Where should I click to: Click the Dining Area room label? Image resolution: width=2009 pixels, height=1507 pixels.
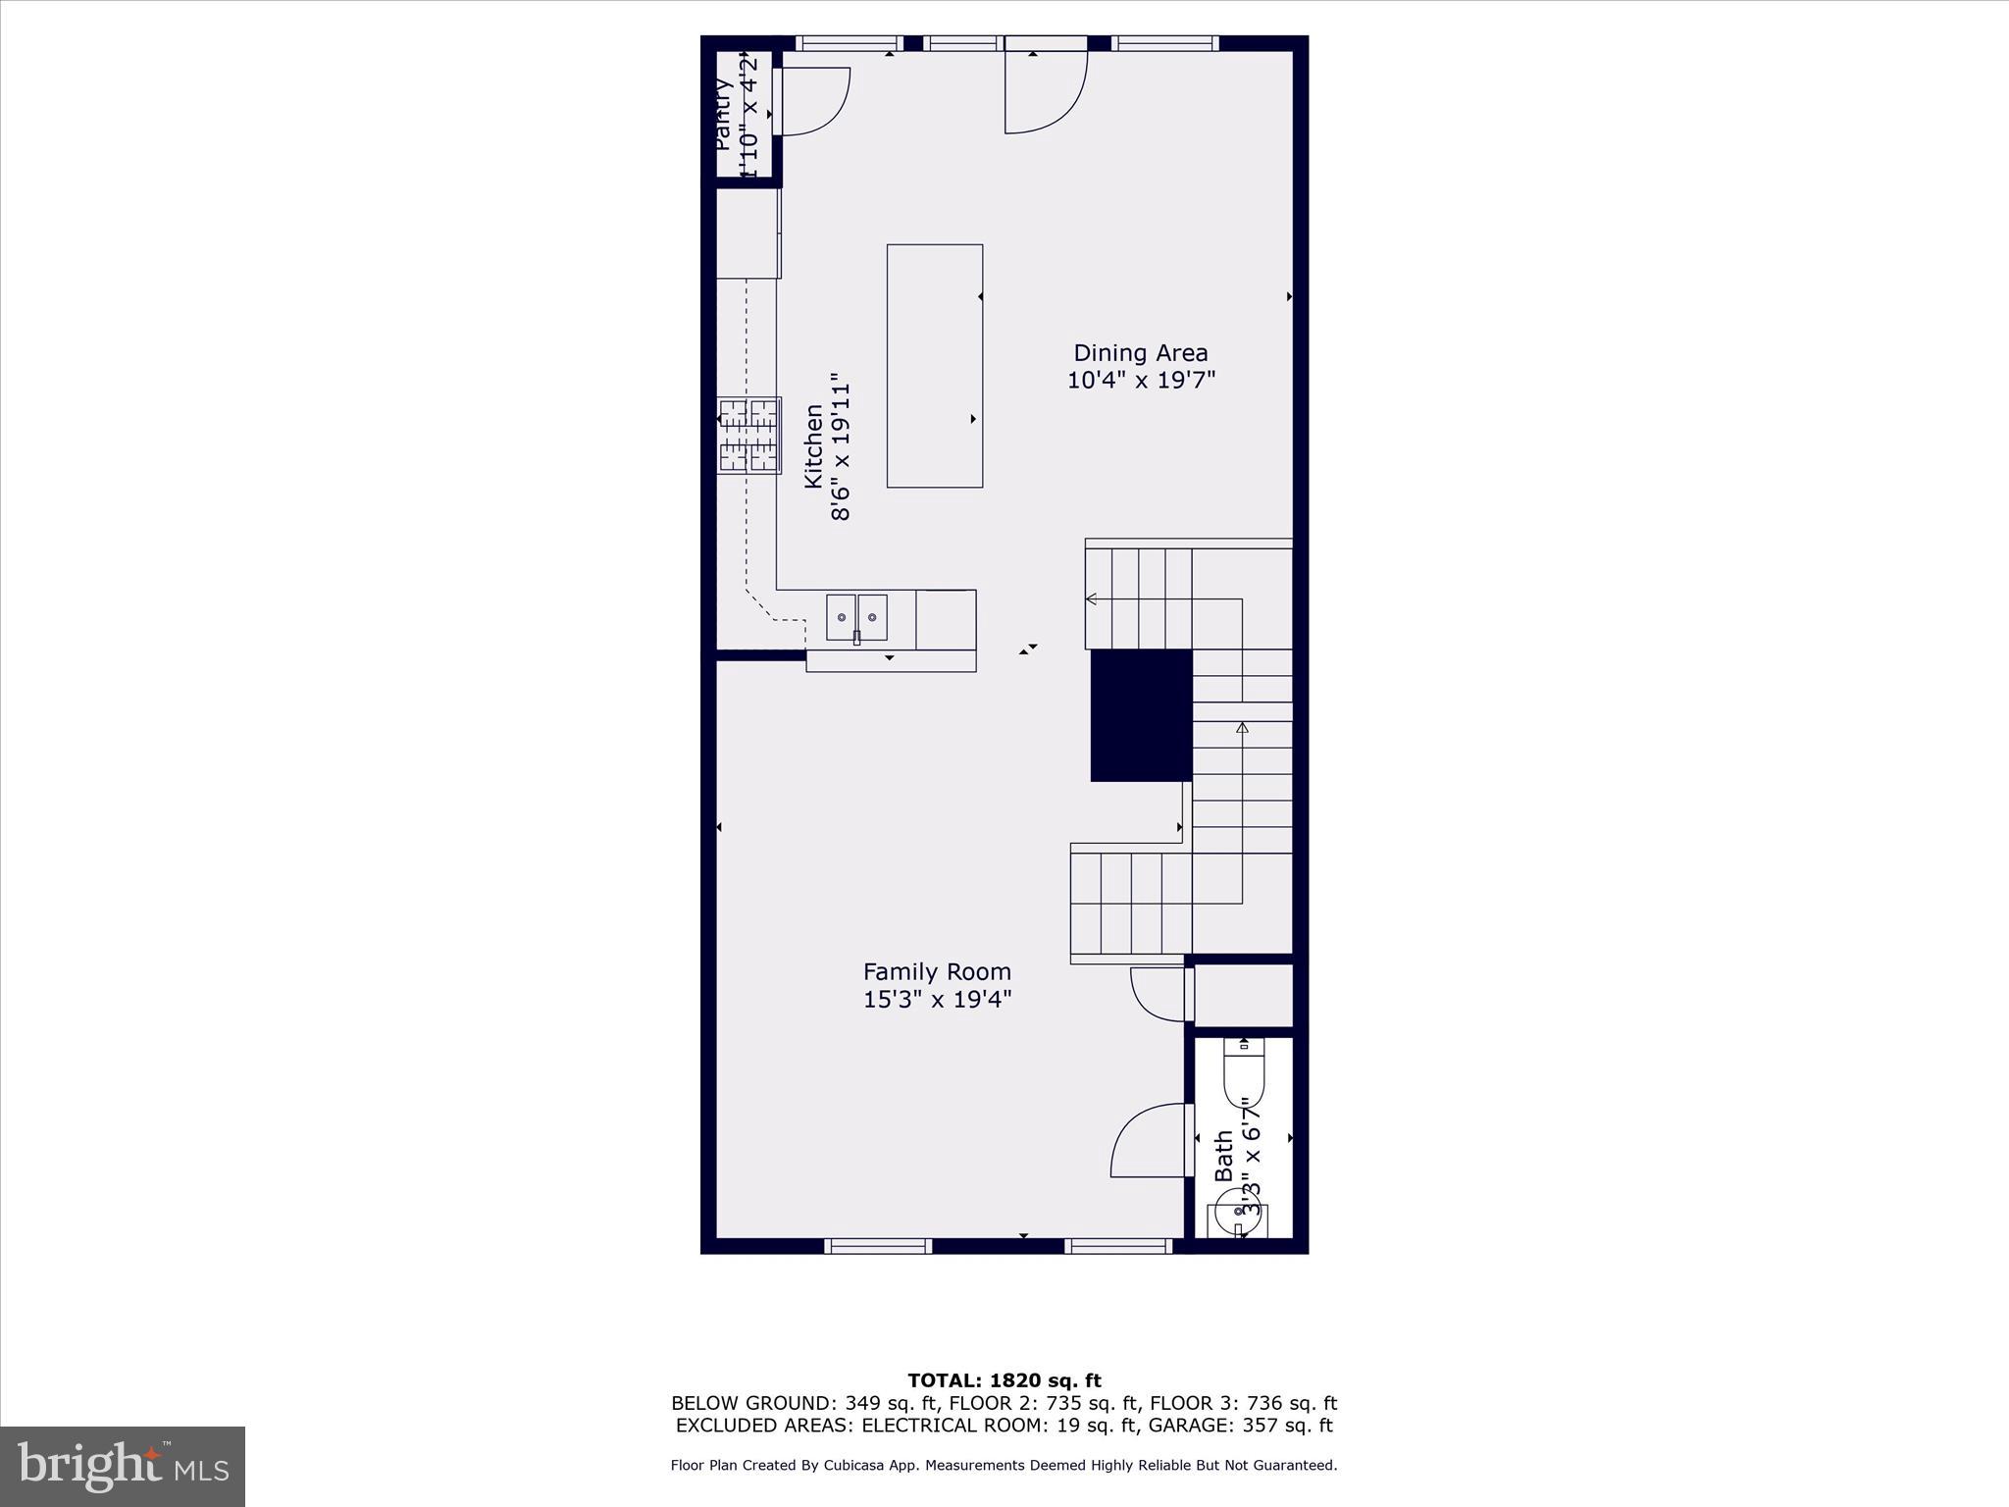1140,353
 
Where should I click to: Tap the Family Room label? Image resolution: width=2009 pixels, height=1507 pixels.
937,972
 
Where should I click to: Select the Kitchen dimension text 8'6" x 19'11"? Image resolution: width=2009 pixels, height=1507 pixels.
842,445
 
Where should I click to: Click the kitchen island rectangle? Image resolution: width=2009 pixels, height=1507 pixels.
935,366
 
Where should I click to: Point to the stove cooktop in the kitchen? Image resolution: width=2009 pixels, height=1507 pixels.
748,436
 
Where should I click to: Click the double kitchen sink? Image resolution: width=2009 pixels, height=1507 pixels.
856,617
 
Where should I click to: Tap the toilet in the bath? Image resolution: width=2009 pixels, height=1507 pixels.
1244,1075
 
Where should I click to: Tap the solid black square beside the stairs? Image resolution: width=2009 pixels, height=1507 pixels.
1141,715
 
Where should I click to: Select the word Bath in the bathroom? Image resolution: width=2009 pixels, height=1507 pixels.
1223,1156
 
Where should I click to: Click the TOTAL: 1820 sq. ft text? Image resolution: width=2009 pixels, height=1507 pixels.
1004,1381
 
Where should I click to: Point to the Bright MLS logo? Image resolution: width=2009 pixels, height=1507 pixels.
123,1466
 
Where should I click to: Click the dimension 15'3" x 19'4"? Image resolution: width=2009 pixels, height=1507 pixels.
937,1000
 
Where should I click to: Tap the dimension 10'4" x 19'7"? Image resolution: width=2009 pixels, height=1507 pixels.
1141,380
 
